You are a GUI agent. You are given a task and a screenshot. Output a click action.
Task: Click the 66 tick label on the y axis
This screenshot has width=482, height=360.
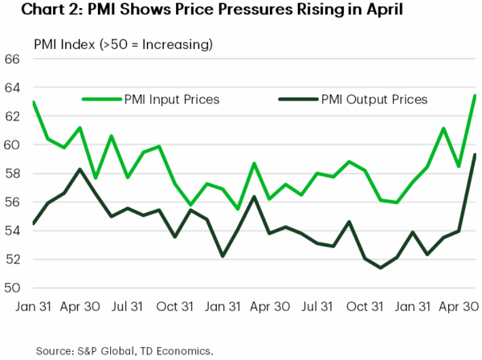pos(13,59)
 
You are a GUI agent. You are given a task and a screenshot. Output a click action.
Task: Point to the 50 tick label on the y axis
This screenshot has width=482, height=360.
pos(13,288)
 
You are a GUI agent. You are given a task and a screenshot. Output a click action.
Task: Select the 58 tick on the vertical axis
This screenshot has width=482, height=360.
pos(13,174)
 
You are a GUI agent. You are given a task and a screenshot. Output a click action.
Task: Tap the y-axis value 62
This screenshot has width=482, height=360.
pos(13,117)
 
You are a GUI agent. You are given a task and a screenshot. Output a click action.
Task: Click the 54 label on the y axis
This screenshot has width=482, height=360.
pos(13,231)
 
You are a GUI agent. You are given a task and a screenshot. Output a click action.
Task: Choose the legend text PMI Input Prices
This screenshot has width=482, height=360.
pos(174,100)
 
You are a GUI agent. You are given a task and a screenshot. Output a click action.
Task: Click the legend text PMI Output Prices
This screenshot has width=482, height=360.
pos(374,100)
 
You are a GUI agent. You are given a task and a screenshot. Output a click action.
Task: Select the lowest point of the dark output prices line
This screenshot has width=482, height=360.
pos(380,268)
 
